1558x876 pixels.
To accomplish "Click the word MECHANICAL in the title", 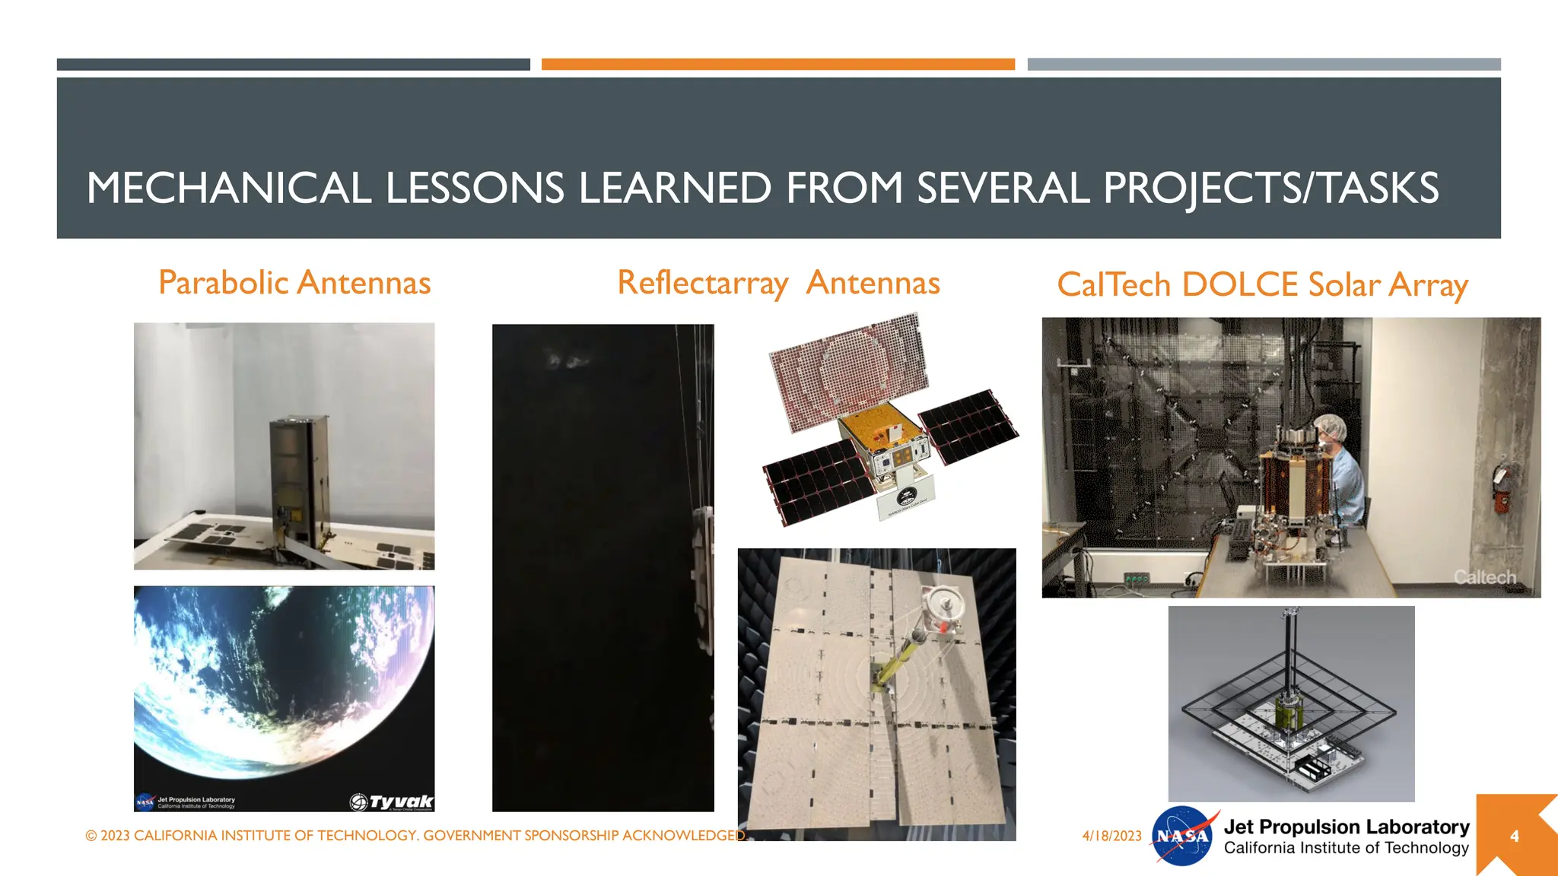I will coord(228,188).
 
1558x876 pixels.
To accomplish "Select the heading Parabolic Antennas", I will coord(294,283).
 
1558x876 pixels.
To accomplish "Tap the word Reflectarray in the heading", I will coord(702,283).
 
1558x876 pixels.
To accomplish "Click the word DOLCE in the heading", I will coord(1240,285).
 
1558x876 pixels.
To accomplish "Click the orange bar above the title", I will coord(777,65).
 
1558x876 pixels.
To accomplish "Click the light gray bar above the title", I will coord(1263,65).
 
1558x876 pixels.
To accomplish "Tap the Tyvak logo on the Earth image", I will coord(392,801).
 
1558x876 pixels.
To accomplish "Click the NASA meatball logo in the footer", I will coord(1181,836).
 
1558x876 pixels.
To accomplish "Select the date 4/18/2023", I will coord(1111,836).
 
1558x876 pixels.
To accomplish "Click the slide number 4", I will coord(1514,836).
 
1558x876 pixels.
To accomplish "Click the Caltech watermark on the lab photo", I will coord(1484,578).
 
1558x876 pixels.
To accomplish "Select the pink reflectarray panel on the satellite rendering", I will coord(848,369).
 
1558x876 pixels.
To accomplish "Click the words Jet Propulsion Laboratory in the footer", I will coord(1347,827).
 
